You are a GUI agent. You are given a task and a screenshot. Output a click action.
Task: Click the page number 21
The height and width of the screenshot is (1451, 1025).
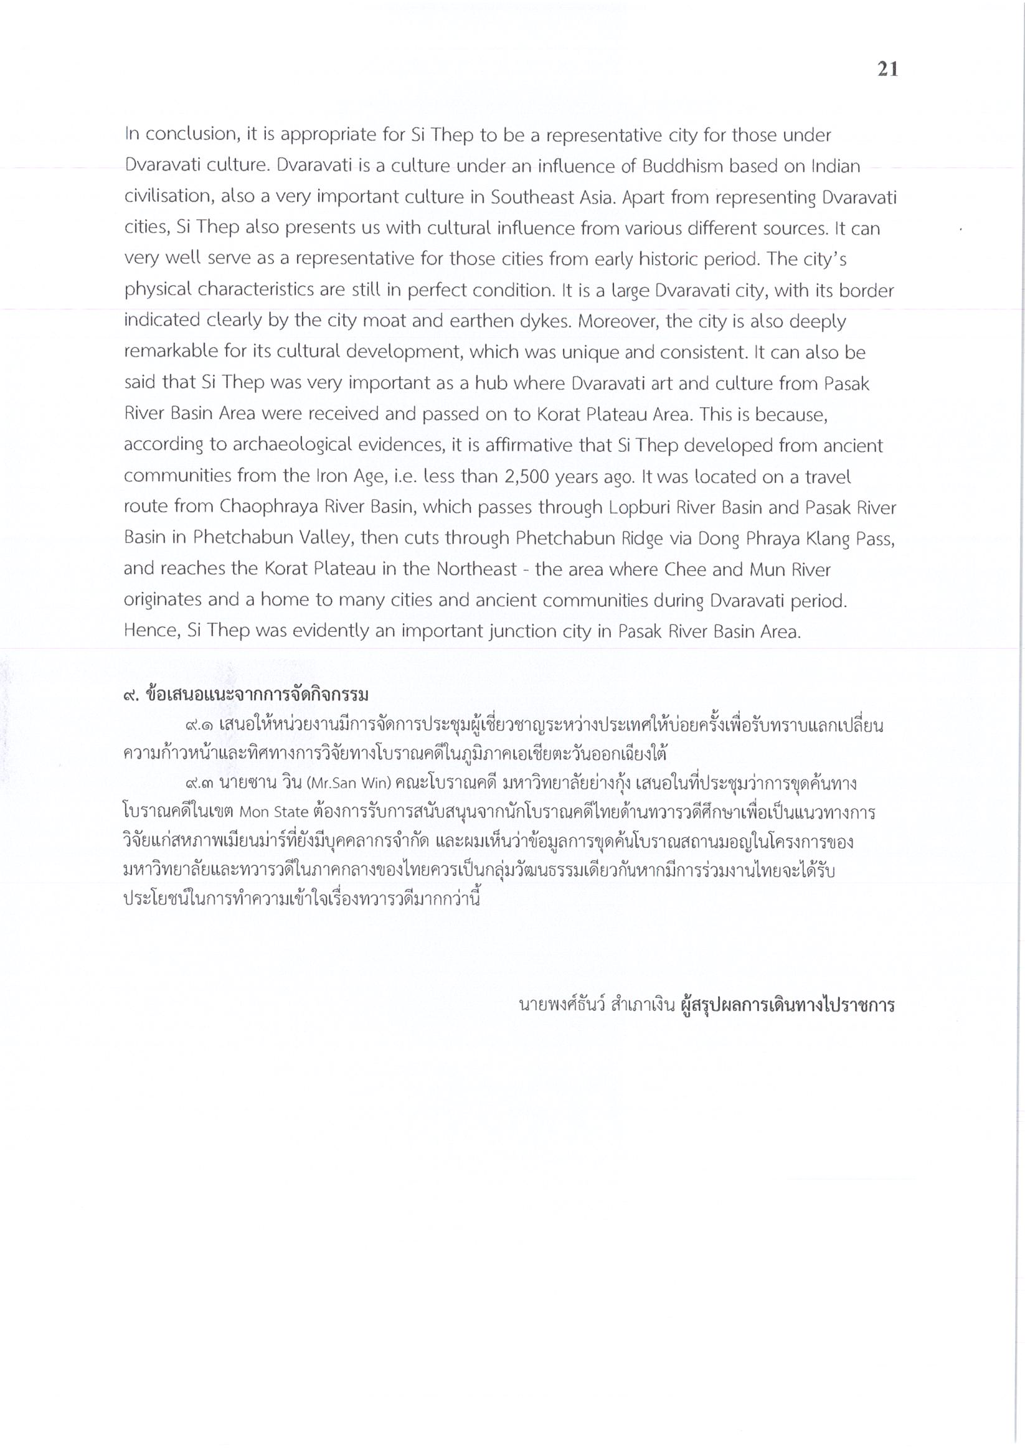click(x=887, y=69)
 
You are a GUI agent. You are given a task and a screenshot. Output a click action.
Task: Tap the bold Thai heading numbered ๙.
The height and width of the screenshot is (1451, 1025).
click(x=246, y=695)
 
